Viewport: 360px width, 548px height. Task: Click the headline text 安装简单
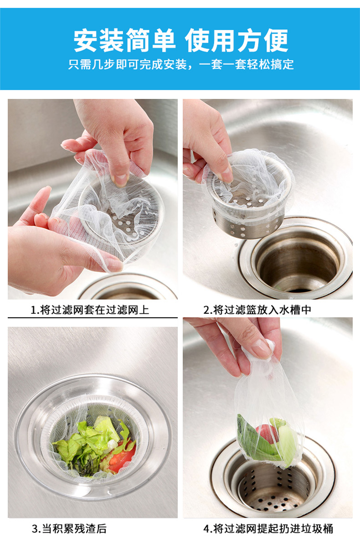(x=125, y=41)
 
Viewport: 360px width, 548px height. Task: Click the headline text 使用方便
(x=236, y=41)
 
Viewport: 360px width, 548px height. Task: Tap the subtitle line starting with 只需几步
(x=181, y=65)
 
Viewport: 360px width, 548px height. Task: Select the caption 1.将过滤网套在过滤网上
(x=90, y=310)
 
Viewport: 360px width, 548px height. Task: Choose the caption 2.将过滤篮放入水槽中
(x=257, y=310)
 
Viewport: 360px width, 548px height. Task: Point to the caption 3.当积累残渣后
(x=69, y=529)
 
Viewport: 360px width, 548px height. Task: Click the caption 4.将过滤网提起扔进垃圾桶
(x=268, y=529)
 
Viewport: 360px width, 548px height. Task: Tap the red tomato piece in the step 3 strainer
(x=121, y=460)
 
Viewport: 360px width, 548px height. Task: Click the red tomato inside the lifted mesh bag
(x=267, y=434)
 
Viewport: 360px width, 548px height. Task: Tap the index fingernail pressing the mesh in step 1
(x=121, y=180)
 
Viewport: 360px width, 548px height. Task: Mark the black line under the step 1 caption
(x=93, y=318)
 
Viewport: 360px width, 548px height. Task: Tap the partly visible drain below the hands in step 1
(x=128, y=289)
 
